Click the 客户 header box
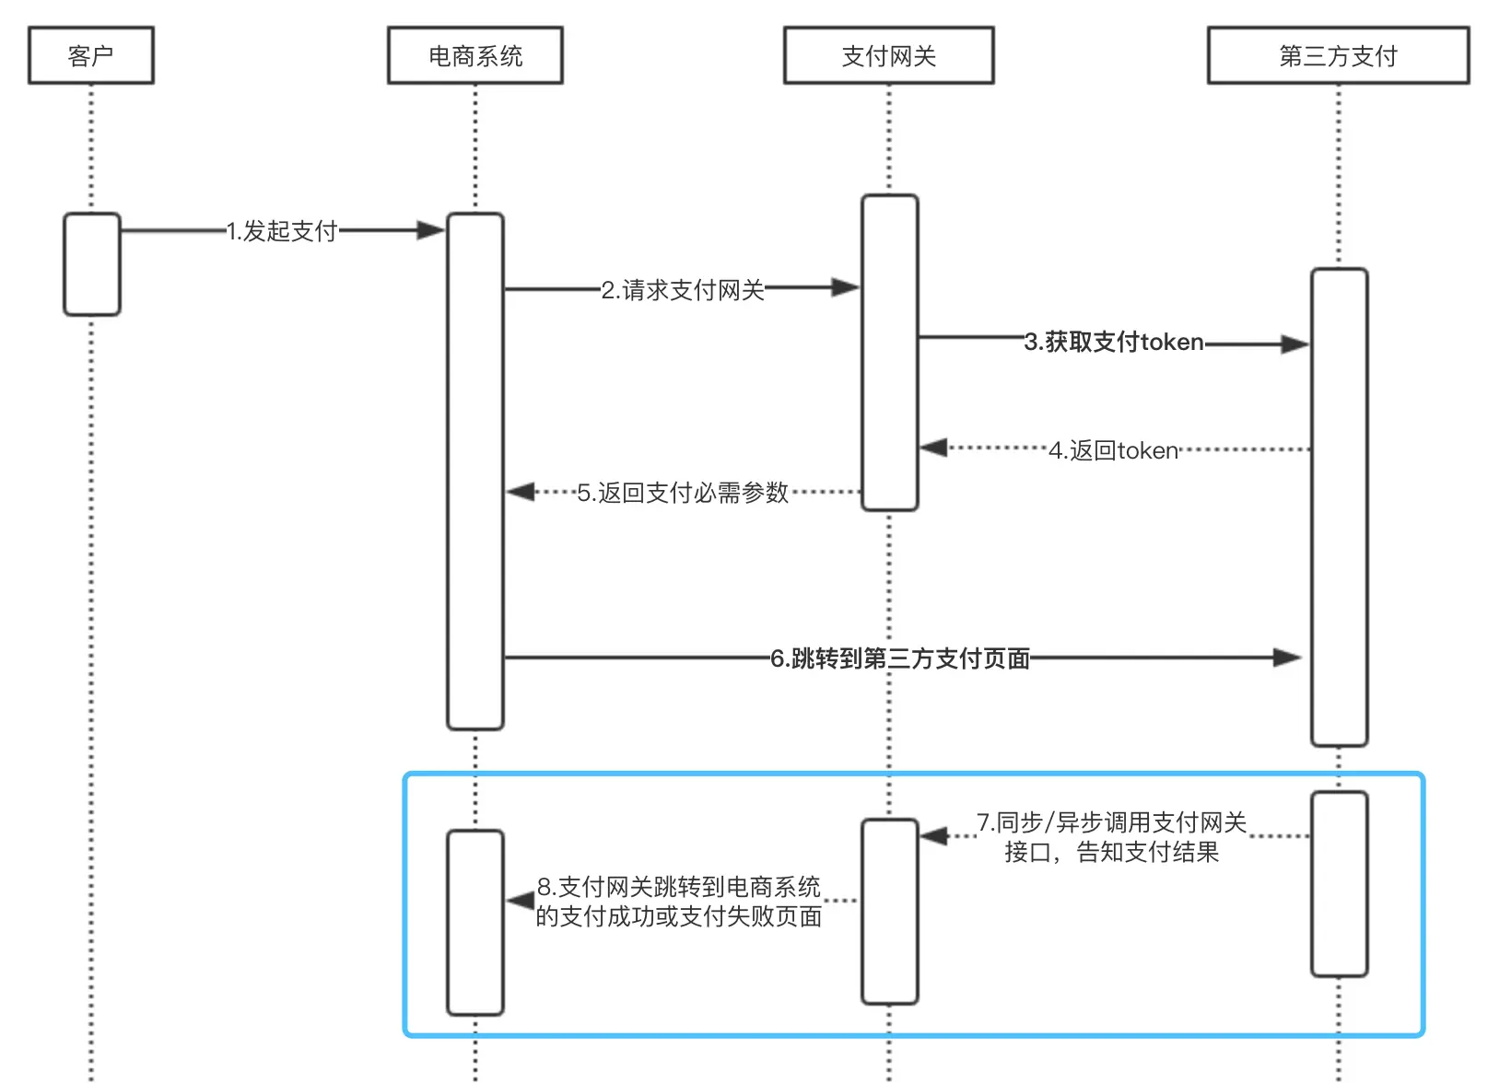pos(91,55)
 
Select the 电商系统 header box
pos(475,55)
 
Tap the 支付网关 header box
pos(889,55)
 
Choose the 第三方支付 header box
pos(1339,55)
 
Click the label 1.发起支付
pos(282,230)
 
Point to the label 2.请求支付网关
pos(683,290)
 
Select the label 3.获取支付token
pos(1114,342)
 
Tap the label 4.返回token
pos(1114,449)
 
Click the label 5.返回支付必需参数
pos(683,493)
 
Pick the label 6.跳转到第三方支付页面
pos(900,658)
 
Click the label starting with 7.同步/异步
pos(1112,837)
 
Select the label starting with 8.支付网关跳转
pos(679,901)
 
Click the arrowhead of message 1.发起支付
pos(430,230)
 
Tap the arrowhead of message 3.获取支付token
pos(1295,344)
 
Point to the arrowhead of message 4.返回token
pos(934,447)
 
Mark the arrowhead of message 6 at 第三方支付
pos(1287,658)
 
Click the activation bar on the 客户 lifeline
pos(92,264)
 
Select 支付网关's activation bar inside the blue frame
pos(890,912)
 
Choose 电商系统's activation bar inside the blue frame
pos(475,923)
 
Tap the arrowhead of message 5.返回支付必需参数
pos(521,492)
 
